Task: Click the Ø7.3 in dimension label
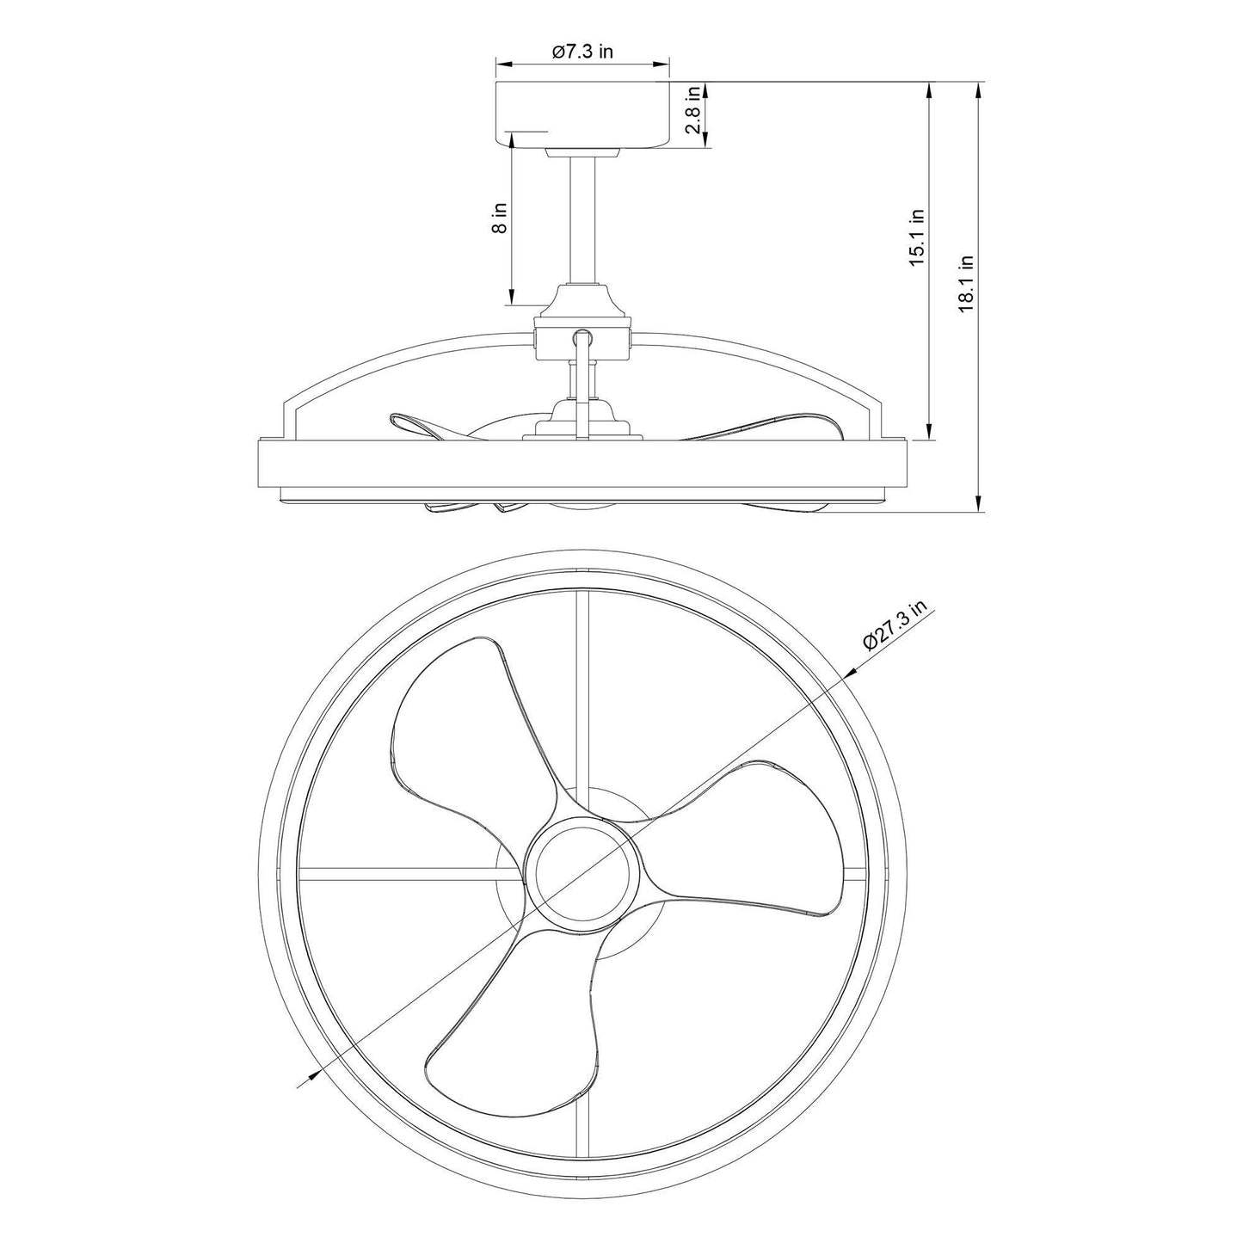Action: [582, 52]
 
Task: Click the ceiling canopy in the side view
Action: [582, 114]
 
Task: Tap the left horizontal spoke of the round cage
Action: [404, 876]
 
